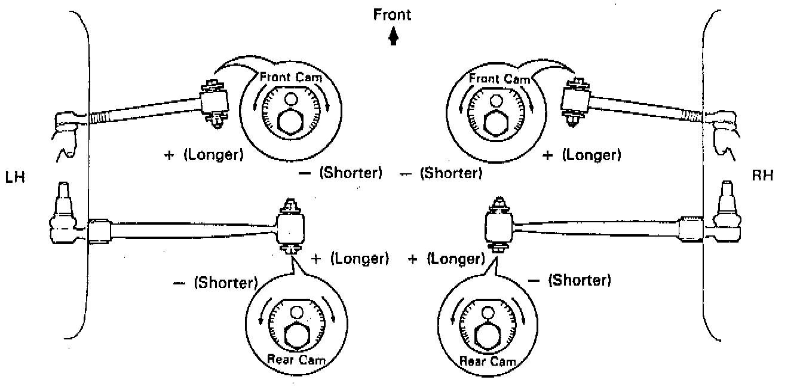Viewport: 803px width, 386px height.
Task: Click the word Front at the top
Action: pyautogui.click(x=393, y=14)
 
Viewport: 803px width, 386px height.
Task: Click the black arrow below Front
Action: pyautogui.click(x=393, y=38)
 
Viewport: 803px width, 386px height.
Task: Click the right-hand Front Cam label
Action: pyautogui.click(x=499, y=78)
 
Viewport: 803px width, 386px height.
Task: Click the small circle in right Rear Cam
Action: pyautogui.click(x=488, y=313)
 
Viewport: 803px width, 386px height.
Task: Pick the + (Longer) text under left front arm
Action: pyautogui.click(x=204, y=155)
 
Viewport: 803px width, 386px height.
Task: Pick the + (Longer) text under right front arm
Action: pyautogui.click(x=582, y=155)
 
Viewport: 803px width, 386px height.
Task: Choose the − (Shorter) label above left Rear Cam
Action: pyautogui.click(x=215, y=282)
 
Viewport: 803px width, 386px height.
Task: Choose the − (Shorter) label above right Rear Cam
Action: pyautogui.click(x=570, y=280)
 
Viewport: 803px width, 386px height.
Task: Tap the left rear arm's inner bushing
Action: pyautogui.click(x=291, y=228)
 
